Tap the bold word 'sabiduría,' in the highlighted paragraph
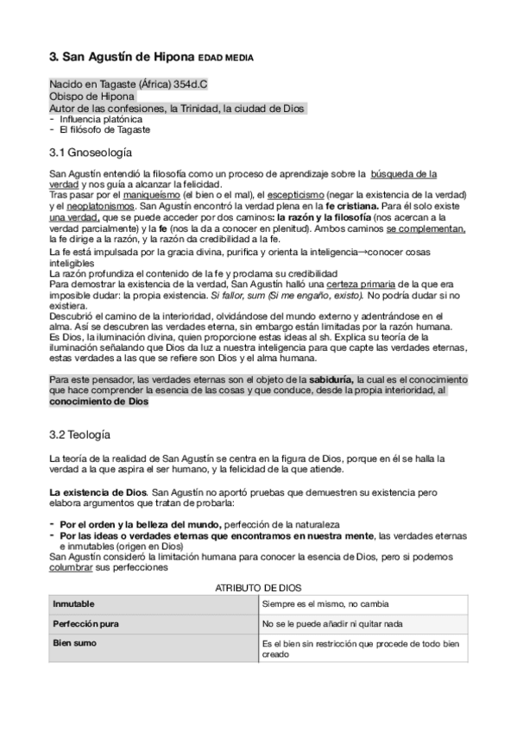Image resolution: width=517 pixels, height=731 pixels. tap(321, 379)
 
